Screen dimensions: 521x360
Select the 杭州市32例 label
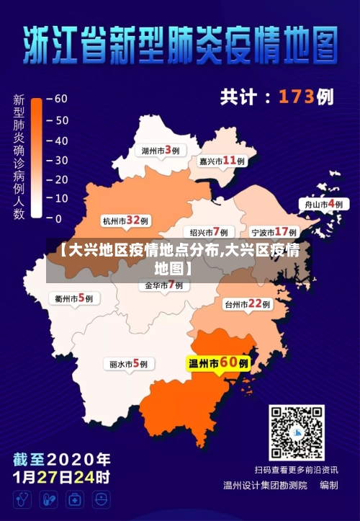tap(125, 221)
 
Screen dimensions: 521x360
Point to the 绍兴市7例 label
tap(208, 232)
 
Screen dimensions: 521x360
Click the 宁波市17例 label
tap(274, 232)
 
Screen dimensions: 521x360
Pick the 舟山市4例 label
tap(323, 205)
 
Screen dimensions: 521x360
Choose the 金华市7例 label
tap(163, 285)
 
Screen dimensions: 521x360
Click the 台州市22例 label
tap(247, 304)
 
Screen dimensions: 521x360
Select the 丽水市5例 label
tap(128, 364)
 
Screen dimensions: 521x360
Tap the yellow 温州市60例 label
tap(218, 363)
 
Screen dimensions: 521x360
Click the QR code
tap(297, 432)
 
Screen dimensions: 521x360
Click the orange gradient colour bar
tap(37, 159)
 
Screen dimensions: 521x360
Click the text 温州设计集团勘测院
tap(265, 485)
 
